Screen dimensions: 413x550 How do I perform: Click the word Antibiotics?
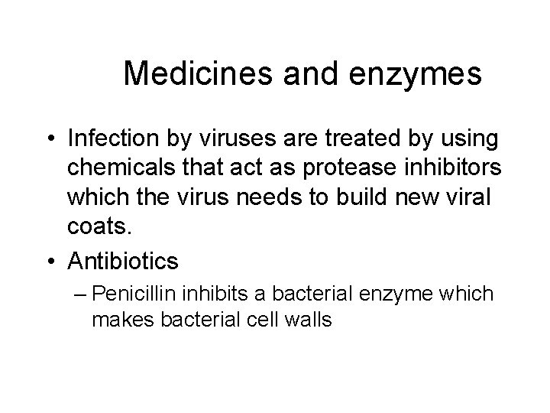point(123,262)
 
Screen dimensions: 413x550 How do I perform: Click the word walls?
point(306,320)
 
